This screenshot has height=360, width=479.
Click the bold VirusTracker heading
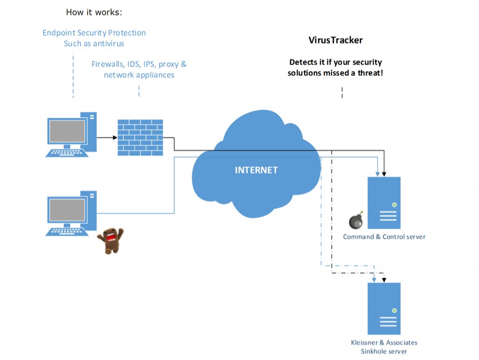pyautogui.click(x=335, y=40)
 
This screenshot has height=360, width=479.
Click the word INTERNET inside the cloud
pyautogui.click(x=256, y=170)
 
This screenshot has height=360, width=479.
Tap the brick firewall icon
pyautogui.click(x=140, y=137)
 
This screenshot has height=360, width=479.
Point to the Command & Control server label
pyautogui.click(x=384, y=237)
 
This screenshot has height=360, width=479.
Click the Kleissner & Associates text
pyautogui.click(x=384, y=343)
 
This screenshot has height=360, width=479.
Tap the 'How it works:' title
pyautogui.click(x=94, y=12)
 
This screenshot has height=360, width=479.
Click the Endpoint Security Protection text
pyautogui.click(x=94, y=33)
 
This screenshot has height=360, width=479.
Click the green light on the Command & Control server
pyautogui.click(x=394, y=205)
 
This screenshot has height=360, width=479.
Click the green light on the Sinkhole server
pyautogui.click(x=394, y=310)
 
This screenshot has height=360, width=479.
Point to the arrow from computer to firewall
pyautogui.click(x=107, y=137)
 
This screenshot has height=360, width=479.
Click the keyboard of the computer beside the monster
pyautogui.click(x=68, y=231)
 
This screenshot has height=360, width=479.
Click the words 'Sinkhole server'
pyautogui.click(x=384, y=352)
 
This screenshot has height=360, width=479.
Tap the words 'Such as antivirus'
pyautogui.click(x=94, y=43)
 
